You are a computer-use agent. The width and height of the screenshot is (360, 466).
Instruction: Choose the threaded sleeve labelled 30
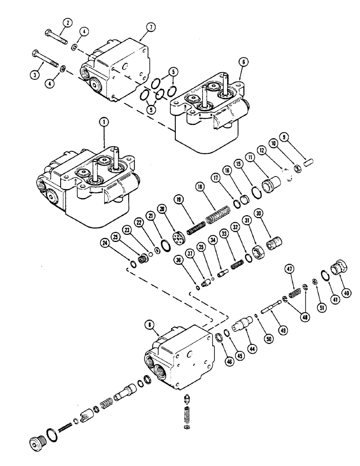[x=273, y=244]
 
